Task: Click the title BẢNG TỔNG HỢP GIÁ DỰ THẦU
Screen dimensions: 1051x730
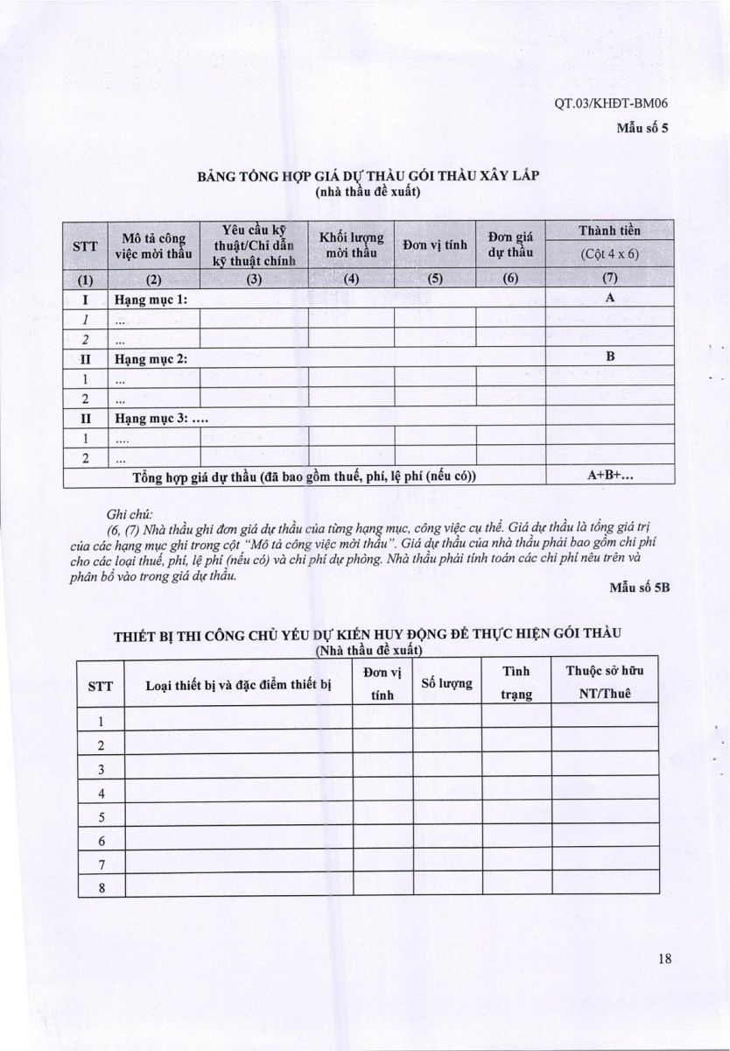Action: click(368, 175)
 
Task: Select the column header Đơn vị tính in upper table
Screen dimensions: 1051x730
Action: click(434, 243)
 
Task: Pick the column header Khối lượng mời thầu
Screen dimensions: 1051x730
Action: click(350, 243)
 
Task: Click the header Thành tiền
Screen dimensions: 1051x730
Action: click(610, 230)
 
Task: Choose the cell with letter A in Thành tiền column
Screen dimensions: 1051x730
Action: click(610, 298)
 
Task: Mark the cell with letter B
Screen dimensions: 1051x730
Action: click(610, 357)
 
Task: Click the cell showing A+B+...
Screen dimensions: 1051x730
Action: click(610, 476)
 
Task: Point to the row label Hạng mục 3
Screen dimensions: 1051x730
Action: click(159, 418)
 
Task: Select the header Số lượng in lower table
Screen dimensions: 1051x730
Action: click(446, 683)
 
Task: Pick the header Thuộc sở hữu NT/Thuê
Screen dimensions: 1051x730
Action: click(604, 682)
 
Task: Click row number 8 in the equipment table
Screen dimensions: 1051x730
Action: click(102, 887)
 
